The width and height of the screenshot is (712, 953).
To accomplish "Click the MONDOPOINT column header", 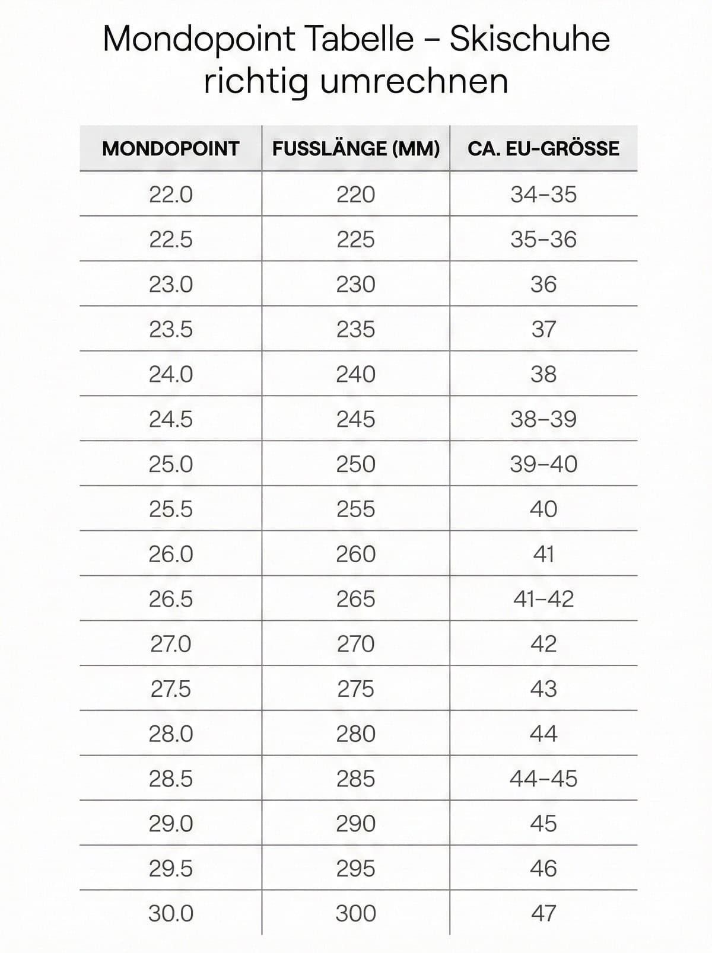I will coord(170,148).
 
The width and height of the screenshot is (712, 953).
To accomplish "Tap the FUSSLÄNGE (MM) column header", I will coord(356,148).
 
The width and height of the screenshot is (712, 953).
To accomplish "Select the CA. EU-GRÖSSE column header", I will coord(543,148).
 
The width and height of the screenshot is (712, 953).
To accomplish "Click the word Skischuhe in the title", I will coord(529,40).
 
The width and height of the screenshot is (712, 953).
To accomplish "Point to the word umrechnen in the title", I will coord(414,81).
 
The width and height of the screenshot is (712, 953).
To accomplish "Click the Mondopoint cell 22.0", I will coord(171,195).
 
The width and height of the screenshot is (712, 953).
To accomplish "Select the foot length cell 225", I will coord(356,240).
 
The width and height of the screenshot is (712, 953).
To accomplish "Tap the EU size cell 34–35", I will coord(543,195).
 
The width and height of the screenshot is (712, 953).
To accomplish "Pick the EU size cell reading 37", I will coord(543,329).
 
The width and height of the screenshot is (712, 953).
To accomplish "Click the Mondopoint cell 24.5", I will coord(171,419).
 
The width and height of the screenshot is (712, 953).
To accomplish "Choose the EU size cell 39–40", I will coord(543,464).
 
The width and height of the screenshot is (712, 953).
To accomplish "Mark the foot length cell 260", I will coord(356,554).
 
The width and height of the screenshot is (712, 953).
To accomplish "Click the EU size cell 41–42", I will coord(543,599).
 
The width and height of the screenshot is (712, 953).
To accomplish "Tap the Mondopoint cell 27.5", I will coord(171,689).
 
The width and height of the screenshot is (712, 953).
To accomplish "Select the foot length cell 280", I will coord(356,734).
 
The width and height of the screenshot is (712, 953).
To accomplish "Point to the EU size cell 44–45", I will coord(543,779).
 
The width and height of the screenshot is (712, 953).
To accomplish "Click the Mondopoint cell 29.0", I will coord(171,824).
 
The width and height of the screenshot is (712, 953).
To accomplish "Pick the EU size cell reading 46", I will coord(543,869).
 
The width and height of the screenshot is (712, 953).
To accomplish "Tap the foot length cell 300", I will coord(356,913).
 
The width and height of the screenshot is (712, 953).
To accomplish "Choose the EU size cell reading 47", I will coord(543,913).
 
